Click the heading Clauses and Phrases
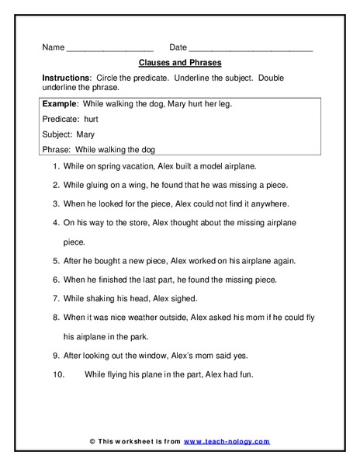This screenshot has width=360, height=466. pos(179,62)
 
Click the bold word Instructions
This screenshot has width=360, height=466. pos(65,78)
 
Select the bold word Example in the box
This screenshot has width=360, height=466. pos(61,104)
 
